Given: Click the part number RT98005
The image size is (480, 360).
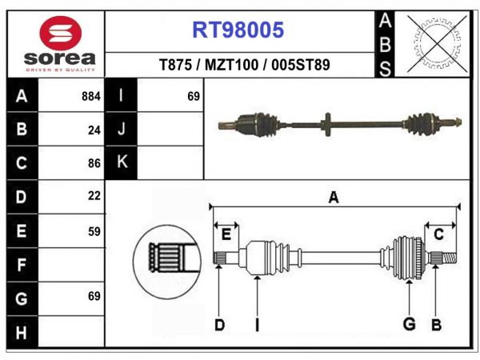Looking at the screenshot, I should click(238, 30).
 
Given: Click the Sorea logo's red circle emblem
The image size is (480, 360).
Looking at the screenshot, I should click(59, 33).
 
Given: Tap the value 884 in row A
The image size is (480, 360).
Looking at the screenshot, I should click(90, 96).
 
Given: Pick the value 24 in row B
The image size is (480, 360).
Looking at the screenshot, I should click(94, 130).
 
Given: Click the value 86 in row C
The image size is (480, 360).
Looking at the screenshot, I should click(94, 163).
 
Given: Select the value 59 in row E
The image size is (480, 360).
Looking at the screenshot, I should click(94, 230).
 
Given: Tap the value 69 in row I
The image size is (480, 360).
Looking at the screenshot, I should click(193, 96).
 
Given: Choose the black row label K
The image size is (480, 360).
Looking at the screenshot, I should click(122, 162).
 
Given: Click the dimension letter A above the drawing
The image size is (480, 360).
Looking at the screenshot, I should click(333, 198).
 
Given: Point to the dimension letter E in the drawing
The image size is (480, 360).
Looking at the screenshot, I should click(226, 234).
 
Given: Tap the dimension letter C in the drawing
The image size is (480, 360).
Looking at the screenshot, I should click(438, 234).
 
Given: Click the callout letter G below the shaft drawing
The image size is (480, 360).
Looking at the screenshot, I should click(409, 324).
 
